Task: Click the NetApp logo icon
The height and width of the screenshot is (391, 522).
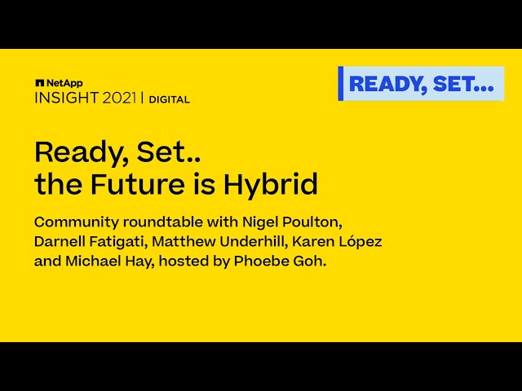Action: pyautogui.click(x=40, y=83)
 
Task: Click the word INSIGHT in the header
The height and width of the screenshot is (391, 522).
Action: pyautogui.click(x=67, y=99)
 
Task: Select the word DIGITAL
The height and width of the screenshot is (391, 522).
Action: pyautogui.click(x=170, y=99)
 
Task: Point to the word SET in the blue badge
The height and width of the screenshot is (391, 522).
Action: pyautogui.click(x=453, y=84)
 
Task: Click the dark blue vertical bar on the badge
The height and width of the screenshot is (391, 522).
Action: pyautogui.click(x=341, y=83)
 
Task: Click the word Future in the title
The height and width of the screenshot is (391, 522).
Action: pyautogui.click(x=138, y=184)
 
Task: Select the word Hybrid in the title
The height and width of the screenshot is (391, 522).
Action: pyautogui.click(x=270, y=184)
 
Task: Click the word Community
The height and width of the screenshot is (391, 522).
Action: pyautogui.click(x=76, y=222)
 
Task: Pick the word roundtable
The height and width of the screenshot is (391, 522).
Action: pyautogui.click(x=163, y=222)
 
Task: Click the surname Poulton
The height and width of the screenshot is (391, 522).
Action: pyautogui.click(x=312, y=222)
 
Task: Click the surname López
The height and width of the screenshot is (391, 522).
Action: pyautogui.click(x=361, y=242)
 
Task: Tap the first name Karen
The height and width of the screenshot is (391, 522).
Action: pyautogui.click(x=313, y=241)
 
